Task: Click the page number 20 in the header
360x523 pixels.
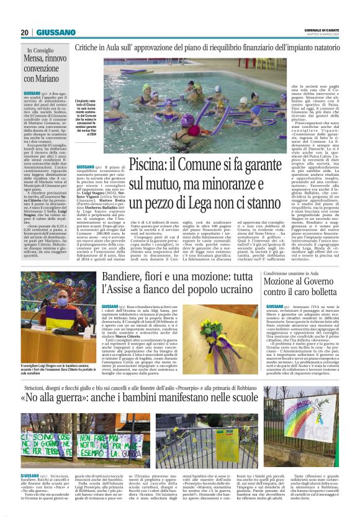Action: click(24, 32)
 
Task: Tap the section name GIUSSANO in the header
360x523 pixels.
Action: click(56, 32)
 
